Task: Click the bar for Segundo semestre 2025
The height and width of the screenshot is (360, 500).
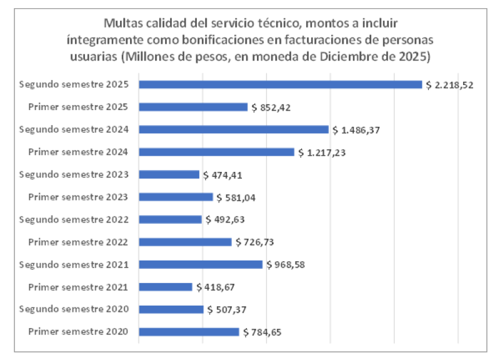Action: pos(280,84)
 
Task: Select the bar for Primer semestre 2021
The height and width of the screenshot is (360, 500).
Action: pos(166,287)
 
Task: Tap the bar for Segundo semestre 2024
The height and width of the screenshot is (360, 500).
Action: pos(233,129)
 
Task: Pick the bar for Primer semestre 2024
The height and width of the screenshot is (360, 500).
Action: pos(216,152)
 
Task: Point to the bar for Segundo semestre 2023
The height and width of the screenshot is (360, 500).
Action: pos(169,174)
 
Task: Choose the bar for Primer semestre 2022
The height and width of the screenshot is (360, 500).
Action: pos(185,242)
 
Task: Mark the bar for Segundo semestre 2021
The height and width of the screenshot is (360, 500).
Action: pos(201,264)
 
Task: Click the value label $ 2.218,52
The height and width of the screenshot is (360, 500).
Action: pos(449,85)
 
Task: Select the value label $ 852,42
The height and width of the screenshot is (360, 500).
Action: pos(271,107)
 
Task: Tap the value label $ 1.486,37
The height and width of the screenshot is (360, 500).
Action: pos(356,130)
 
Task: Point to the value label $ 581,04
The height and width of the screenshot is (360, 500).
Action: pos(236,197)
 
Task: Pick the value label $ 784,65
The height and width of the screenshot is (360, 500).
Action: pos(262,332)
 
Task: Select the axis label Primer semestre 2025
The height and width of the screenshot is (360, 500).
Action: pos(79,107)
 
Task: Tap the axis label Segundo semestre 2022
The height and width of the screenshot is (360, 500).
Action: pos(74,219)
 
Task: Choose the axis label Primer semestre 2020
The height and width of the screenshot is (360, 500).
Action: pos(79,332)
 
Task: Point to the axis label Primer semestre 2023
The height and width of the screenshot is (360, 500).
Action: pos(79,197)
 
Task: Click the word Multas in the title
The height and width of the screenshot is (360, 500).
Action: pos(122,24)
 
